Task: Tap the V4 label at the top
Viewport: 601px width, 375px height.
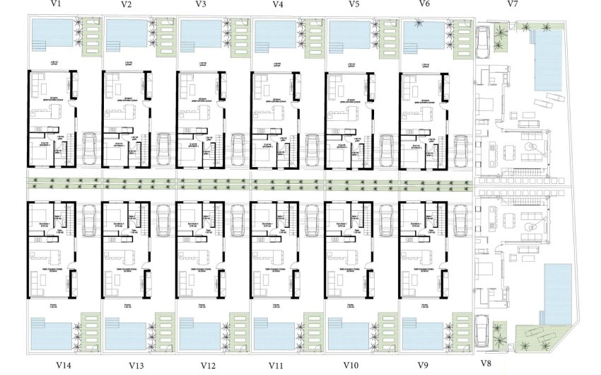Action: coord(278,4)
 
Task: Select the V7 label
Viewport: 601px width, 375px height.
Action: coord(513,4)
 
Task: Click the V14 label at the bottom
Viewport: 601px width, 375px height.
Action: coord(64,365)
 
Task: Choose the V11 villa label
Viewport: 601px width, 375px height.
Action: coord(277,365)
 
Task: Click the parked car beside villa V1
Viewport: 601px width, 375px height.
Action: coord(88,149)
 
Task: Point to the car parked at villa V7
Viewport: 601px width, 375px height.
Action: coord(483,42)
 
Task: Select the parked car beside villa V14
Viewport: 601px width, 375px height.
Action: coord(88,221)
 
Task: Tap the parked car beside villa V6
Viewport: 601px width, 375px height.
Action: coord(460,149)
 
